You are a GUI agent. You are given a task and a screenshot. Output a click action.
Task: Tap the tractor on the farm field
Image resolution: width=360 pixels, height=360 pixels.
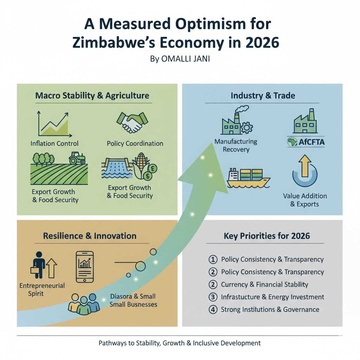coord(77,158)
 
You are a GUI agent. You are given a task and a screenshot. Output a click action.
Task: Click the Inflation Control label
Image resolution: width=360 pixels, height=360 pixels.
coord(54,143)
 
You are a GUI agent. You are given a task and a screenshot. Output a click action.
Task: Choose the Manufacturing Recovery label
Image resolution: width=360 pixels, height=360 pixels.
coord(236,146)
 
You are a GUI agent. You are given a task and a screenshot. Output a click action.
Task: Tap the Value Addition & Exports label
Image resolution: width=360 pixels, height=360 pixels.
coord(305,200)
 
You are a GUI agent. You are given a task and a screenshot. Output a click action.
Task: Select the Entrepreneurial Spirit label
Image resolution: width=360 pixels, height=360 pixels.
coord(42,289)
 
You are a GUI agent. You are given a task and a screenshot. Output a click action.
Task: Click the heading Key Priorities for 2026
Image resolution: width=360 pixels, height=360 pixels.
coord(267,236)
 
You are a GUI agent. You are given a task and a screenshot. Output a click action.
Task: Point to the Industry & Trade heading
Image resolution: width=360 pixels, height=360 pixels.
coord(263,95)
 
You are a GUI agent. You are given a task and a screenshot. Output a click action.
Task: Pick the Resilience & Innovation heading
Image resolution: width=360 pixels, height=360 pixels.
coord(90,236)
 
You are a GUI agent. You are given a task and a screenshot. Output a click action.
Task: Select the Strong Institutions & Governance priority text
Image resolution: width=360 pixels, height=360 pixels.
coord(270,310)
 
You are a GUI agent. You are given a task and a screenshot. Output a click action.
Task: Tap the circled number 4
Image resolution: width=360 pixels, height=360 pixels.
coord(213,310)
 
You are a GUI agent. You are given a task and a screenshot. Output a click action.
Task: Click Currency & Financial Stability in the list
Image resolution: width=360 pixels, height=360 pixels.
coord(264,284)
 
